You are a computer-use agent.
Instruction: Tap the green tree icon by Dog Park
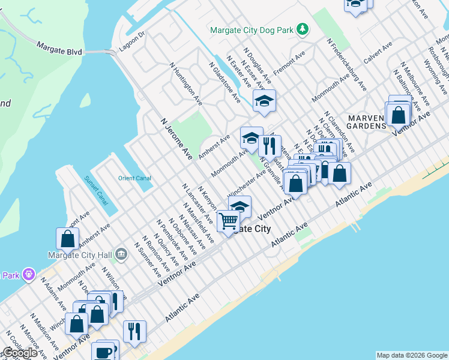coord(304,29)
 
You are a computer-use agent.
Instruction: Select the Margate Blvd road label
coord(59,48)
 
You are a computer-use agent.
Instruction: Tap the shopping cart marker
coord(228,222)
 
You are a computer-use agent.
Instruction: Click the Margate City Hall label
coord(82,254)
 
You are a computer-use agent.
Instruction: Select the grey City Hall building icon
coord(121,254)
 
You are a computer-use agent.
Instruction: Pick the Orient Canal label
coord(134,178)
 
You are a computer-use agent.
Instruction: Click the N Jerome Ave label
coord(176,139)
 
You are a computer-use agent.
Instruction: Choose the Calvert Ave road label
coord(378,52)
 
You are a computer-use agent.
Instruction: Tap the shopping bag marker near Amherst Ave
coord(68,239)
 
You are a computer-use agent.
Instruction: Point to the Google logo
coord(19,353)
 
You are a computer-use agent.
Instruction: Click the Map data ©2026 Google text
coord(412,355)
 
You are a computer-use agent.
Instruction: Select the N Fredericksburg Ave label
coord(347,65)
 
